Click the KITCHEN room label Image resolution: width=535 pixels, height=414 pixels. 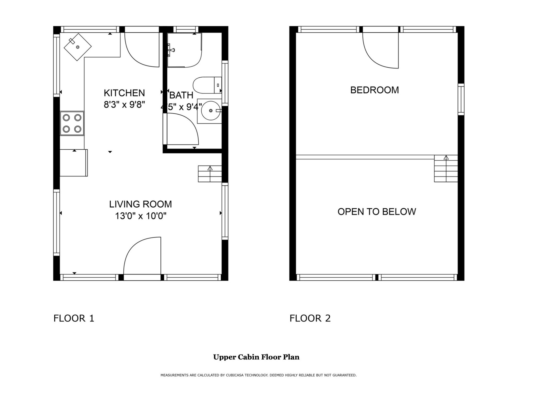[124, 93]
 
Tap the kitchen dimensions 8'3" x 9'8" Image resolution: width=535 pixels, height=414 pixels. [124, 105]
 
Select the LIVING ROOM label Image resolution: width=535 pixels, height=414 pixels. [140, 204]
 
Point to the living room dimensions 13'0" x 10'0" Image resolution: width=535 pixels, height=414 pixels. [141, 216]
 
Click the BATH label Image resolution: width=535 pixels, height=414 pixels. [181, 95]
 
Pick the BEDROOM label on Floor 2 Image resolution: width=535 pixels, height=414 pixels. [374, 90]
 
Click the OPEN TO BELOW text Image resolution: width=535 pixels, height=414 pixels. [376, 212]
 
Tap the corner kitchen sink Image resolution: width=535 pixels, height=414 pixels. [78, 47]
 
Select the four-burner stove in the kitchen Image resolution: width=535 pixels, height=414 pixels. [72, 123]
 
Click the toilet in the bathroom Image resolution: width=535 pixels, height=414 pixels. [207, 85]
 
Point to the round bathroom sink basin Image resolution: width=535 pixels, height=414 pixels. [211, 111]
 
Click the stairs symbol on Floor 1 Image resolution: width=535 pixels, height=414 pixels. [210, 174]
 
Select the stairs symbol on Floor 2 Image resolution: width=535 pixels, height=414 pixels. [446, 169]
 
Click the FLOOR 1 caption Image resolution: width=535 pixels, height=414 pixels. [74, 318]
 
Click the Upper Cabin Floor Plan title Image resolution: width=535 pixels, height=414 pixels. [256, 357]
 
